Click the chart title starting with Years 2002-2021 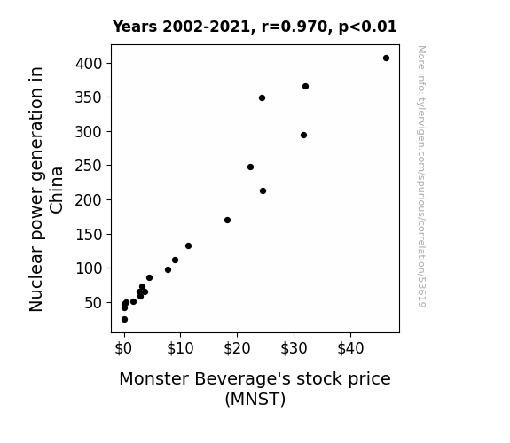coord(255,27)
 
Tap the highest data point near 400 coord(386,58)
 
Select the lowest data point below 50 coord(124,320)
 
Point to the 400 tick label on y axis coord(89,64)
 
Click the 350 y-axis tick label coord(89,97)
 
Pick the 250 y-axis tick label coord(89,166)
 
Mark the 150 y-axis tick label coord(89,234)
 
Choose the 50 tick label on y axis coord(93,303)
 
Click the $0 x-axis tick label coord(123,348)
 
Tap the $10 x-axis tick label coord(180,348)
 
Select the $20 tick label coord(237,348)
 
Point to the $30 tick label coord(294,348)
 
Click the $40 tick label coord(350,348)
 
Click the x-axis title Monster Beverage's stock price coord(255,378)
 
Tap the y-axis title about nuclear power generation coord(46,189)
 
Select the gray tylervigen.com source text coord(421,176)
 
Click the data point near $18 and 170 coord(227,221)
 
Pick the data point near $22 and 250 coord(250,167)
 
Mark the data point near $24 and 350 coord(262,97)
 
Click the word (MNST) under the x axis coord(255,399)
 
